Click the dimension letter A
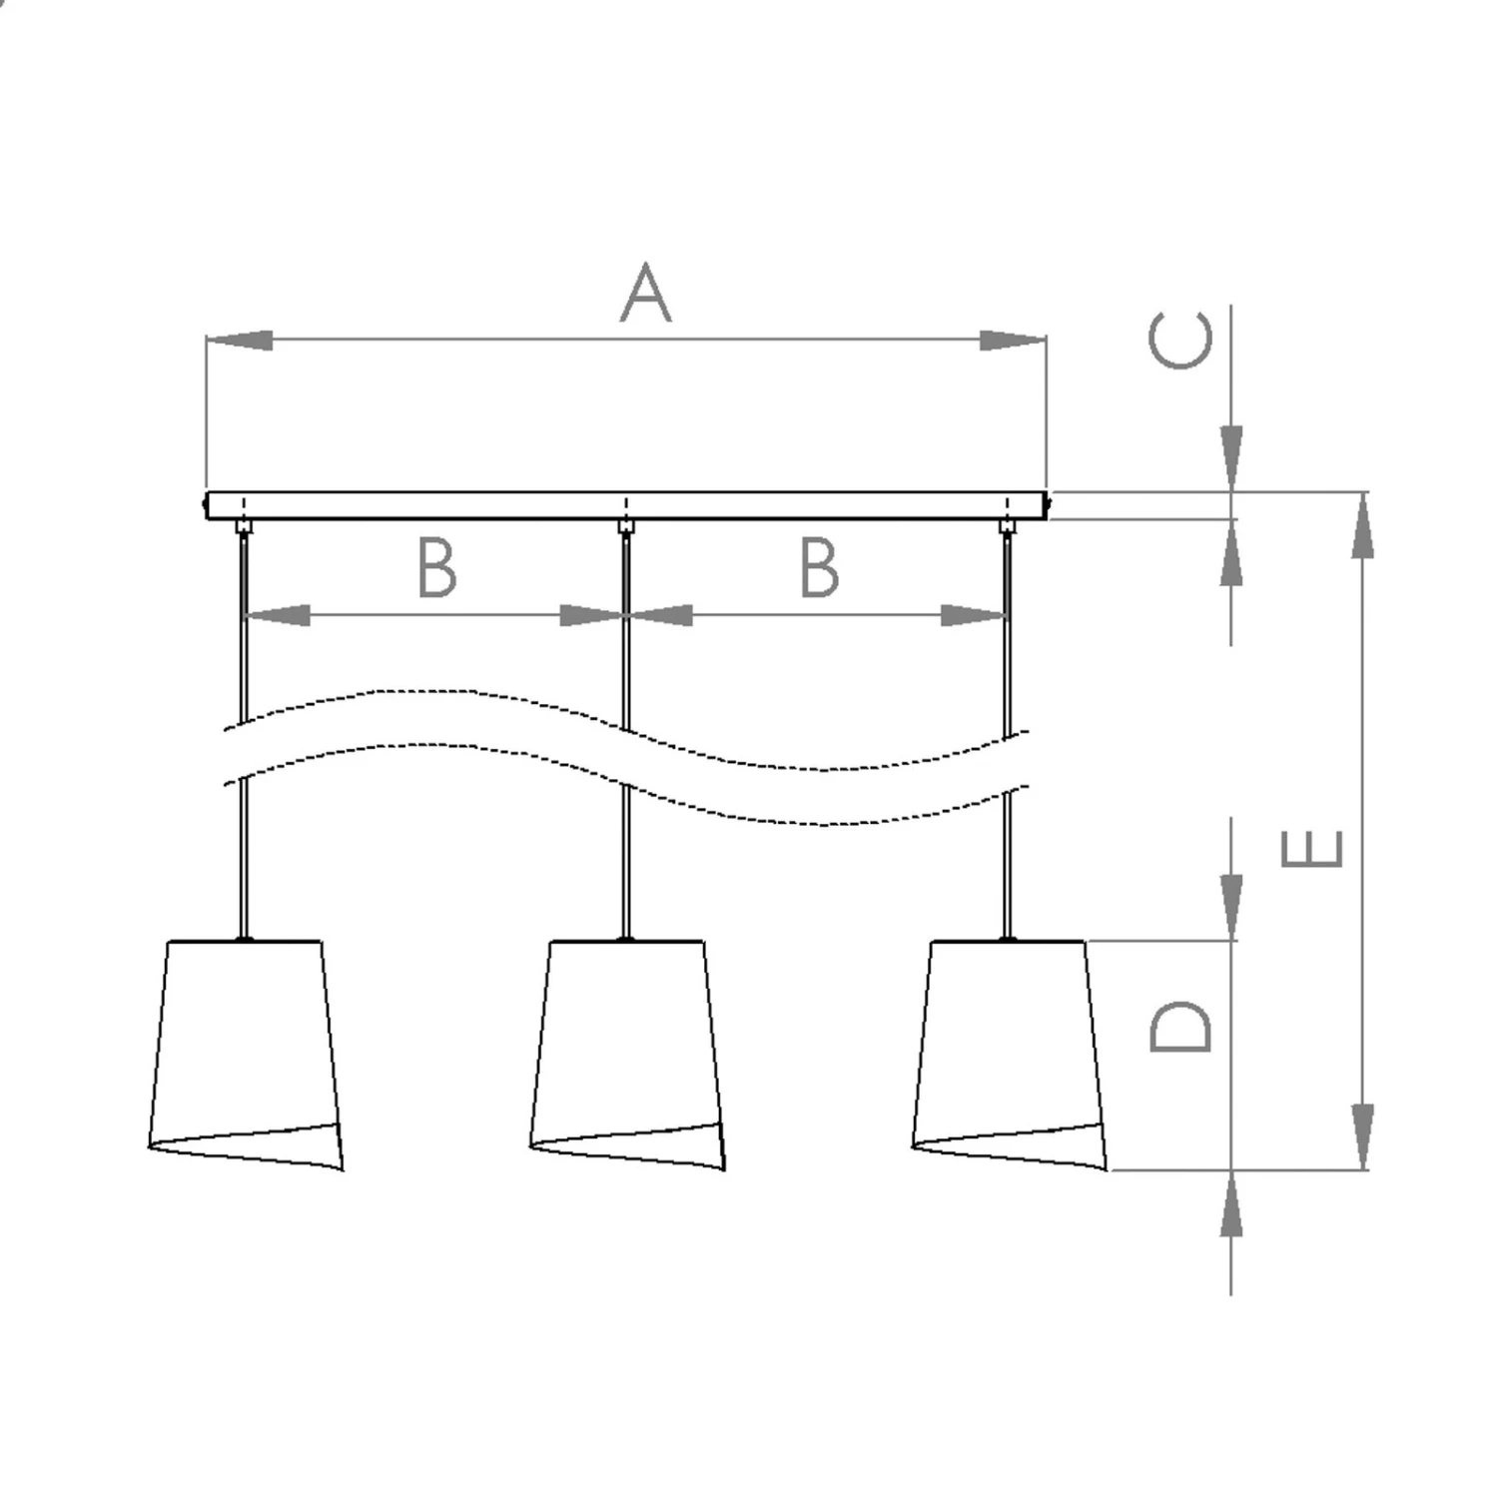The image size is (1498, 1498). click(646, 294)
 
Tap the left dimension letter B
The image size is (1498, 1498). click(436, 567)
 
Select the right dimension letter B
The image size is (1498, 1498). click(819, 567)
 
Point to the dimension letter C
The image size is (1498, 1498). click(1181, 340)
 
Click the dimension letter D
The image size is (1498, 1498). click(1181, 1027)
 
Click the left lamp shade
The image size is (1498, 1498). click(246, 1055)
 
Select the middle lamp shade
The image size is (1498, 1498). click(627, 1055)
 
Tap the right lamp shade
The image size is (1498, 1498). click(1010, 1055)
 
